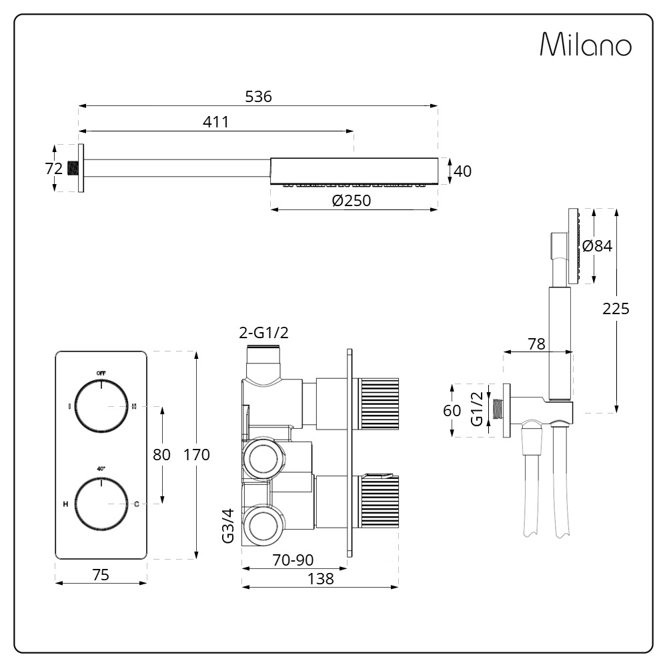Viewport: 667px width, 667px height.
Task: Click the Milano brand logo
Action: (x=586, y=45)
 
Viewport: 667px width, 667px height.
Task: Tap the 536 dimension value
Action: (x=259, y=97)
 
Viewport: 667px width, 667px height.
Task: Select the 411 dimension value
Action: (x=215, y=122)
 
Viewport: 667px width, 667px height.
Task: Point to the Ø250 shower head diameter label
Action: (x=351, y=201)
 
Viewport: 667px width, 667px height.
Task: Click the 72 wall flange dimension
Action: (x=54, y=169)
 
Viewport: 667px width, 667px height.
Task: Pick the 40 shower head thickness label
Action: (x=462, y=171)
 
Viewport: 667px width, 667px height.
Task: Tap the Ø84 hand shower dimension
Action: (x=597, y=245)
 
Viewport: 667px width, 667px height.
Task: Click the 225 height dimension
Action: (x=616, y=308)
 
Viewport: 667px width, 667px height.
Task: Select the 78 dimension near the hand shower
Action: (x=536, y=344)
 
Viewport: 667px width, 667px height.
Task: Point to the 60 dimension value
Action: (x=452, y=410)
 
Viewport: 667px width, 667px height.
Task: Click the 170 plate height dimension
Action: (x=196, y=455)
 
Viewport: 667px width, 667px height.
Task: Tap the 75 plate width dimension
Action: (x=100, y=574)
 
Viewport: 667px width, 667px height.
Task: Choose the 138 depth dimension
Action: (x=320, y=579)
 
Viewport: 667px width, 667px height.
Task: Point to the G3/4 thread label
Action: (x=227, y=527)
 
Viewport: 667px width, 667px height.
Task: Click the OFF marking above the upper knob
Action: (x=101, y=372)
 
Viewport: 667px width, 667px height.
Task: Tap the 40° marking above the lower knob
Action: (x=101, y=469)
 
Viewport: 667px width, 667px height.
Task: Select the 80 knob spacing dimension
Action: (x=162, y=455)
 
